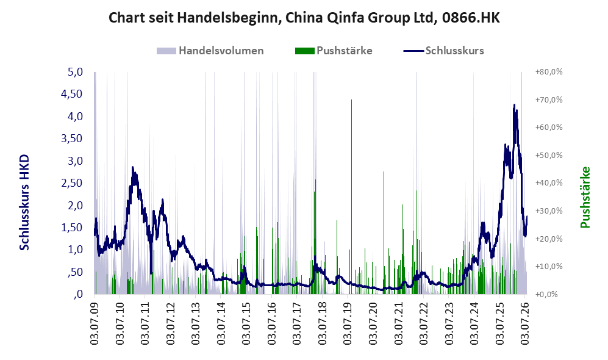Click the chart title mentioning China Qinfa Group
click(x=304, y=18)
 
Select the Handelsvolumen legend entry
click(x=210, y=51)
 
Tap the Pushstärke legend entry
click(x=334, y=51)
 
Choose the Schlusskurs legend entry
click(x=443, y=51)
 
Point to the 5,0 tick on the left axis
click(x=75, y=72)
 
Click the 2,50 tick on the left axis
click(x=72, y=182)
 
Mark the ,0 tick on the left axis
click(x=78, y=293)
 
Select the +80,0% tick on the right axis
click(x=549, y=72)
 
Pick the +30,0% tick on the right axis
click(x=549, y=211)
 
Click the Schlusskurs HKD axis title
click(x=24, y=203)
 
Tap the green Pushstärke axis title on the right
click(x=585, y=197)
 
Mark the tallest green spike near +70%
click(x=351, y=100)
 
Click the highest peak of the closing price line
click(x=514, y=105)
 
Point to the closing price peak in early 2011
click(x=132, y=168)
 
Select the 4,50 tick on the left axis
click(x=72, y=94)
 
